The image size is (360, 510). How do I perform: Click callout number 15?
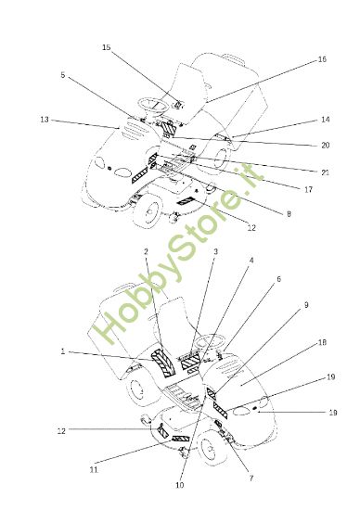[x=106, y=46]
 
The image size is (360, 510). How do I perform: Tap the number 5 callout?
[x=63, y=76]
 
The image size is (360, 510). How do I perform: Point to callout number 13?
[x=45, y=120]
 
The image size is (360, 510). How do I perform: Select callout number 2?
[x=146, y=252]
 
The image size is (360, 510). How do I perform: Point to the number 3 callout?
[x=215, y=251]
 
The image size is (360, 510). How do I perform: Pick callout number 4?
[x=250, y=261]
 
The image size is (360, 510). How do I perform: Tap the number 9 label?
[x=307, y=305]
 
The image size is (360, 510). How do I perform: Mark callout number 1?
[x=63, y=351]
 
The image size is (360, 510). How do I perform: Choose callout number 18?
[x=322, y=343]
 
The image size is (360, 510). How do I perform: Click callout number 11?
[x=93, y=471]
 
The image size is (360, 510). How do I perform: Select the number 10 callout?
[x=179, y=485]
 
